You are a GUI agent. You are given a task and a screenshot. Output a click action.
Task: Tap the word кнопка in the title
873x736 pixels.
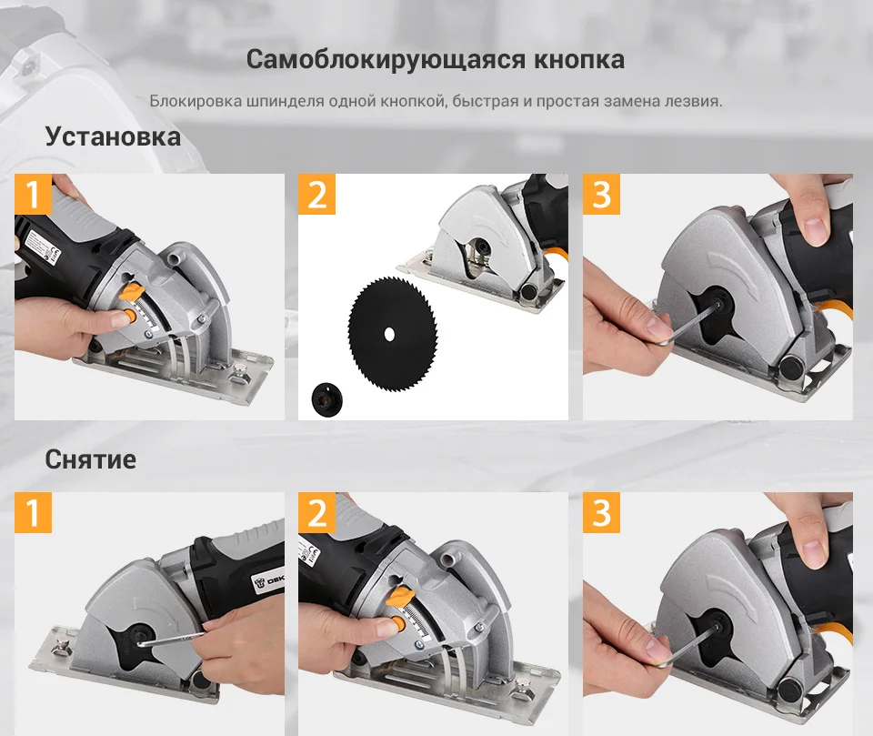[579, 60]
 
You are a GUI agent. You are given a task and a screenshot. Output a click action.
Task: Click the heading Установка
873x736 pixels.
[113, 136]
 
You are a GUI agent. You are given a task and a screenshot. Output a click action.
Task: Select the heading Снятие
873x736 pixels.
[91, 459]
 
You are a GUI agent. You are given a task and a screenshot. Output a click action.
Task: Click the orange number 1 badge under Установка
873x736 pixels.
[33, 194]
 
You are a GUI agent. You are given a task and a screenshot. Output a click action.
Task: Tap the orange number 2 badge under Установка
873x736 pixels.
[316, 194]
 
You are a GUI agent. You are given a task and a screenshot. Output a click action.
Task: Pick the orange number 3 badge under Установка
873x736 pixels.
[601, 194]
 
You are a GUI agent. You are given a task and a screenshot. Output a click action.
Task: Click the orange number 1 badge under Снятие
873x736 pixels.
[33, 512]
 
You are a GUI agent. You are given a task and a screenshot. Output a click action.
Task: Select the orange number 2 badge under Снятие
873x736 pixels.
[316, 512]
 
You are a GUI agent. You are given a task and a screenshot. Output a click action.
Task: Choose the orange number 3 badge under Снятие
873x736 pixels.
[601, 512]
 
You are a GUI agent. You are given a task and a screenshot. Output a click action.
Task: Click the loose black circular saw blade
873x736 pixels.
[393, 333]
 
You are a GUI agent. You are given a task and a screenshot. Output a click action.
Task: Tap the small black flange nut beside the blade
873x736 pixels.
[326, 398]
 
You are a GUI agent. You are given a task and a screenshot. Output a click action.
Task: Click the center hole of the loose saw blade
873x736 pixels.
[389, 334]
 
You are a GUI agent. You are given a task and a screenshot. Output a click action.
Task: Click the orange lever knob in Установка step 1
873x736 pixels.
[133, 291]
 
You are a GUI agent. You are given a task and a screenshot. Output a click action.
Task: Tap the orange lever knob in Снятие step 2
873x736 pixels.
[400, 598]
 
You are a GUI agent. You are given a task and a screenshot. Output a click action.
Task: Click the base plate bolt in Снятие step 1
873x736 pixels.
[60, 648]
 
